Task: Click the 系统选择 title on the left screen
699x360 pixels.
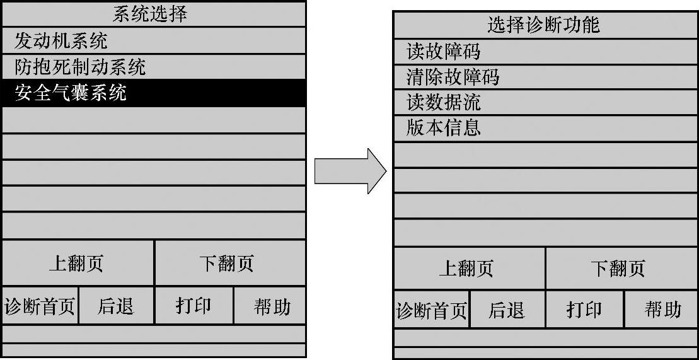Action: point(149,14)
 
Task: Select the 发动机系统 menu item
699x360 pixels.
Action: point(61,41)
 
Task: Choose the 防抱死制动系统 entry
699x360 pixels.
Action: point(80,67)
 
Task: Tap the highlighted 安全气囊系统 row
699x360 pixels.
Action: point(71,93)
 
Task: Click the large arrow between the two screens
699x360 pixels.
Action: point(350,171)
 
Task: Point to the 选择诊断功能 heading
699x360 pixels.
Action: point(543,25)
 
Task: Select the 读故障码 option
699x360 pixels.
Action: point(443,51)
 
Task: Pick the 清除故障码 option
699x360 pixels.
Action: point(453,77)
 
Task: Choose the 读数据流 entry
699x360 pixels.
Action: point(443,102)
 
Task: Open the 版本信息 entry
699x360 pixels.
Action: point(443,128)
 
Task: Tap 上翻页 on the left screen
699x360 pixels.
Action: point(76,264)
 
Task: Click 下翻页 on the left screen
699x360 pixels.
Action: point(227,264)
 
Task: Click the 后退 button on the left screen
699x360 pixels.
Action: point(116,306)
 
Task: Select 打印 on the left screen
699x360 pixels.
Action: point(194,306)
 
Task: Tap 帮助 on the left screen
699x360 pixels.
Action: point(272,306)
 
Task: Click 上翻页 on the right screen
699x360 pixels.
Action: point(467,269)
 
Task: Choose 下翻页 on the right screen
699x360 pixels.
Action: point(618,269)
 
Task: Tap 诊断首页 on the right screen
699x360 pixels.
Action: point(432,310)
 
